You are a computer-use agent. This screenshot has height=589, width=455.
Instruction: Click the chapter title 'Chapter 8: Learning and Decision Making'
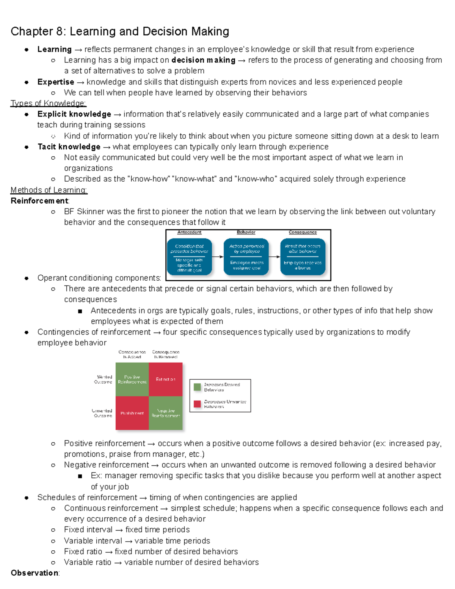[120, 31]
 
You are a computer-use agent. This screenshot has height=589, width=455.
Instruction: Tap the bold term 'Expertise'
[56, 82]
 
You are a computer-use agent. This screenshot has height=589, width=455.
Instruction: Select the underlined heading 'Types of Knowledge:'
[49, 104]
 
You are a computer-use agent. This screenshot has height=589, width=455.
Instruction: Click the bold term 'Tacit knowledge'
[69, 147]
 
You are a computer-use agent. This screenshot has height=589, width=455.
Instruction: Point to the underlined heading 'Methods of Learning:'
[49, 190]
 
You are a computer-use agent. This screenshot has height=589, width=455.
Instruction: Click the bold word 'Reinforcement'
[39, 201]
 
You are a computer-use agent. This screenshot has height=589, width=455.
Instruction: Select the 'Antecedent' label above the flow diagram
[189, 232]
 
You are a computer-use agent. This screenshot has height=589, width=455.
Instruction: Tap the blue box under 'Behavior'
[246, 257]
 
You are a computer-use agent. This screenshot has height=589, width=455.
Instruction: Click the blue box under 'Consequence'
[303, 257]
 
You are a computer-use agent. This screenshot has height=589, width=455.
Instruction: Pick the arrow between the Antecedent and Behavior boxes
[218, 257]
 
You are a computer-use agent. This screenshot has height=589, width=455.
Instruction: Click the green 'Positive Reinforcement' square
[132, 379]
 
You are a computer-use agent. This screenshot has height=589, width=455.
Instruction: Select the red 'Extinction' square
[166, 379]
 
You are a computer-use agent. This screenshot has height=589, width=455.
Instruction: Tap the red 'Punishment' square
[132, 413]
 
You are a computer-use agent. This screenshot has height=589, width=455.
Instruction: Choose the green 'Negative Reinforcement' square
[166, 413]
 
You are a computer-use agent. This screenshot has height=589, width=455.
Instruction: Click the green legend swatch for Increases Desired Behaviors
[197, 387]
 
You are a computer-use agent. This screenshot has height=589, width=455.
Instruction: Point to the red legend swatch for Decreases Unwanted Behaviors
[197, 404]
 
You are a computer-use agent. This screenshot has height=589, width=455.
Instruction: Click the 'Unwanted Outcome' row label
[102, 413]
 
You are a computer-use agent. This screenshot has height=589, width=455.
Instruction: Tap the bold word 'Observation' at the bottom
[35, 573]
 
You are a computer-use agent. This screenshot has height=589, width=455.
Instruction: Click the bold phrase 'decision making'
[203, 60]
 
